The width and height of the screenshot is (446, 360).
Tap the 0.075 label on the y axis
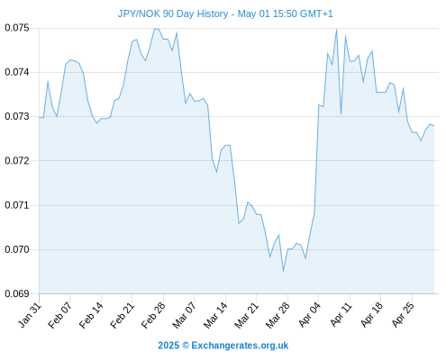click(x=17, y=28)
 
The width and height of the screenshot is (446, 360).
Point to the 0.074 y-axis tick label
click(x=17, y=72)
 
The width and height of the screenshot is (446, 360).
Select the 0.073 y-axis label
click(x=17, y=116)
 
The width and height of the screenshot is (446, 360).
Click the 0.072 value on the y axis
click(x=17, y=161)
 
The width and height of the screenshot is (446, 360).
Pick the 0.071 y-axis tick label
click(x=17, y=205)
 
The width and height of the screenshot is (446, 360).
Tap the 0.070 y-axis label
click(x=17, y=249)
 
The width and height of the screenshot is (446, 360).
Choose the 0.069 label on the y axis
click(x=17, y=293)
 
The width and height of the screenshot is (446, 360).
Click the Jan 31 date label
click(x=30, y=315)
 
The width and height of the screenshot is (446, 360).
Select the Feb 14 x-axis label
click(x=91, y=315)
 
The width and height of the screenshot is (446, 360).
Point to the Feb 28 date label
click(x=153, y=315)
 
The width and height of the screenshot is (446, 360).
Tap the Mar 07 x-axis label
click(x=185, y=315)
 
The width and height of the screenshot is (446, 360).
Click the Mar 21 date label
click(x=247, y=315)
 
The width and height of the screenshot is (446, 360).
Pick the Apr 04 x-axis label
click(x=310, y=315)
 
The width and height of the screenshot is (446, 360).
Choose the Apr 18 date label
click(x=372, y=315)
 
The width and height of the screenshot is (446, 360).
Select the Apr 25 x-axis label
click(x=403, y=315)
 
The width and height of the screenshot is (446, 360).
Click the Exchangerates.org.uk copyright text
click(x=223, y=346)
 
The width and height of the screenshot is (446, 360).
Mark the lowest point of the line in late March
click(x=283, y=272)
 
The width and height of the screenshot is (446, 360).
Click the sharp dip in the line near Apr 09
click(x=341, y=113)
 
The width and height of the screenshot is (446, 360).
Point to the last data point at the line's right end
click(x=434, y=125)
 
